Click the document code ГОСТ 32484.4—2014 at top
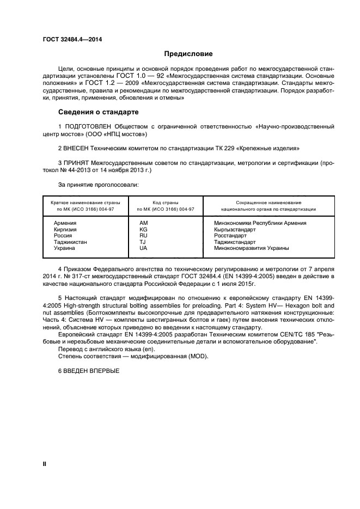[x=72, y=39]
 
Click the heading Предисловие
[x=188, y=54]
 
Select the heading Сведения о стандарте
[x=98, y=112]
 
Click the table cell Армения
[x=65, y=223]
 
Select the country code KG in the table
[x=144, y=229]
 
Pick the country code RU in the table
[x=144, y=236]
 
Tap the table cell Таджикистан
[x=70, y=242]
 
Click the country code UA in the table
[x=144, y=248]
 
